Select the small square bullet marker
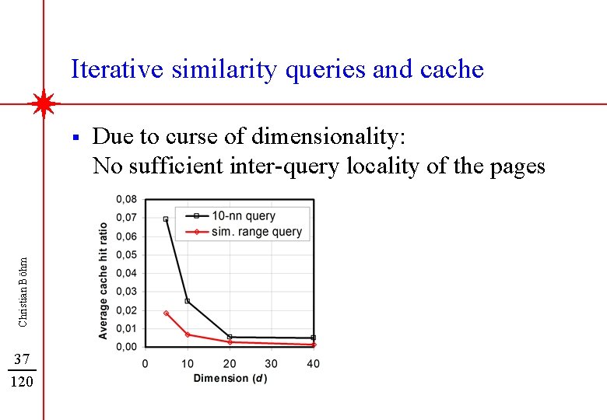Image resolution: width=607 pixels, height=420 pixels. click(x=74, y=137)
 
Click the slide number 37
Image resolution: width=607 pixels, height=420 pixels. click(x=22, y=359)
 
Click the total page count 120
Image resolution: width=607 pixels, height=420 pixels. click(x=22, y=382)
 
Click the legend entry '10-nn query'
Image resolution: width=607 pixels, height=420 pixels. click(x=244, y=215)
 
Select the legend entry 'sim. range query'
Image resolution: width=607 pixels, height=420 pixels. click(x=256, y=231)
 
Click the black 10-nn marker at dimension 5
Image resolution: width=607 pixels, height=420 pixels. click(x=166, y=219)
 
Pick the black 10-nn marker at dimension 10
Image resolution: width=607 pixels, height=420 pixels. click(x=188, y=301)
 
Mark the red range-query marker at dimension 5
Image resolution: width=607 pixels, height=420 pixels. click(x=166, y=313)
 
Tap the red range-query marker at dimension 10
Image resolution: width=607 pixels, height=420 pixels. click(x=188, y=334)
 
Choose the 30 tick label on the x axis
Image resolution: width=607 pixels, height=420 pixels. click(x=271, y=363)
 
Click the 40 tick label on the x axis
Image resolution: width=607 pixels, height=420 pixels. click(x=313, y=363)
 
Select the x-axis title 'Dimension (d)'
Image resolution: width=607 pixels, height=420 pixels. click(x=230, y=378)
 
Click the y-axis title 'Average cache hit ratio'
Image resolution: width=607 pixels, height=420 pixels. click(x=104, y=280)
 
